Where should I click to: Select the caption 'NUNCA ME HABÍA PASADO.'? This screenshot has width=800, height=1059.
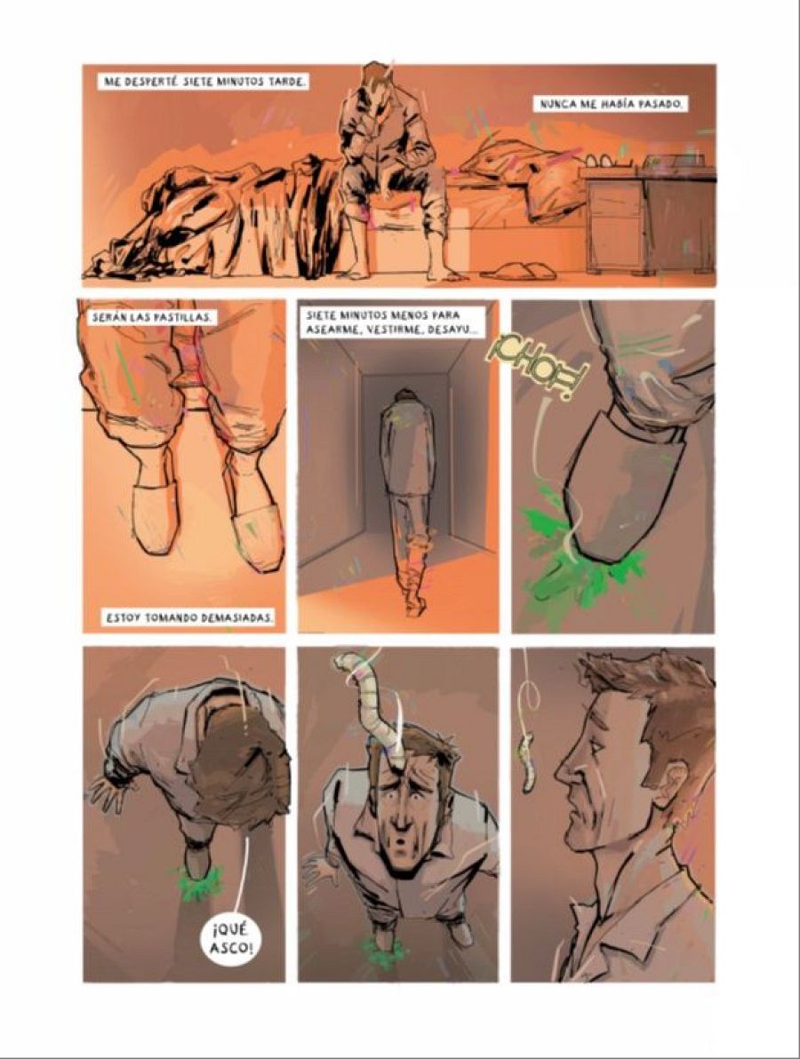click(x=612, y=105)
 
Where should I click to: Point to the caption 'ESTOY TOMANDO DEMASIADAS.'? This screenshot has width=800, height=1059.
click(x=188, y=616)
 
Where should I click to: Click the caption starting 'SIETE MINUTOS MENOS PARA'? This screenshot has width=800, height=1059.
click(x=393, y=322)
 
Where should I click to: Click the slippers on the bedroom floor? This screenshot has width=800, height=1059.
click(x=518, y=271)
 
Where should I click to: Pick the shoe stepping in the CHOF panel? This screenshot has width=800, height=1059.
click(x=613, y=498)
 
